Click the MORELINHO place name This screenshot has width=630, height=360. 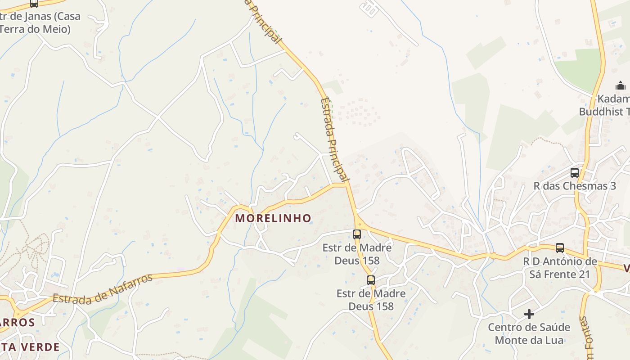(273, 218)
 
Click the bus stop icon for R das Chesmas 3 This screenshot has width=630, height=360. (574, 172)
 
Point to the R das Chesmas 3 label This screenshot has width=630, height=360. (574, 186)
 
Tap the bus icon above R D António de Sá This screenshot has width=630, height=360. (559, 247)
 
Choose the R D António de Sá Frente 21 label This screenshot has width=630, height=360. (559, 268)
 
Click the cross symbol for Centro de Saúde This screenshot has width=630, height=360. (529, 314)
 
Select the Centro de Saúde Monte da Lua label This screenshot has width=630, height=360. (529, 333)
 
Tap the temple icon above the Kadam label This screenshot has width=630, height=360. (620, 85)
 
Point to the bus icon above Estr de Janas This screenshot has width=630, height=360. (34, 4)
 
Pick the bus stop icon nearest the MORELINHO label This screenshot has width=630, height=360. (357, 234)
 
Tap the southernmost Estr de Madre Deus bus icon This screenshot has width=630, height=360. (370, 280)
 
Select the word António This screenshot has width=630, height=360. (564, 262)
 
